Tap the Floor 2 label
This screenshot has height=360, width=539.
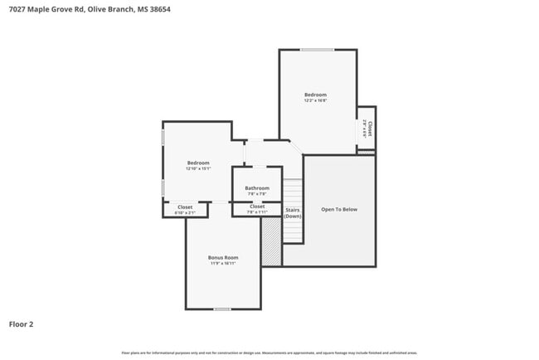[x=22, y=324]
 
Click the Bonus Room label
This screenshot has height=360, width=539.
[x=222, y=257]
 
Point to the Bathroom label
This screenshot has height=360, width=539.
[x=257, y=187]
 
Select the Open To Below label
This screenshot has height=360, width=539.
[x=339, y=209]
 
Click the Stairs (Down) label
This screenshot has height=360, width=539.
[x=292, y=212]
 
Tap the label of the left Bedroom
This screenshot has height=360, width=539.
[x=198, y=163]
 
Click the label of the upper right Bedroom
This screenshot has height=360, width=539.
[x=315, y=95]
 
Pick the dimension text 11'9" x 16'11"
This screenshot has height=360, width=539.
[x=222, y=264]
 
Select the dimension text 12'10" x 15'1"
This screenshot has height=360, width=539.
[x=198, y=169]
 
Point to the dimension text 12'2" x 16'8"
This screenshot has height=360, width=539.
[x=315, y=101]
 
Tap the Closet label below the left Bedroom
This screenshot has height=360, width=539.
[x=184, y=207]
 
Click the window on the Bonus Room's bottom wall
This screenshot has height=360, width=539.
[x=222, y=309]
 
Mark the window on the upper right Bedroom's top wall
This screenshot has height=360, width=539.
[x=317, y=50]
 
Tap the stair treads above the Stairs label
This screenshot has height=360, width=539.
[x=292, y=191]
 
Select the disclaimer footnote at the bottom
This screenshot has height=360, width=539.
[x=269, y=352]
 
